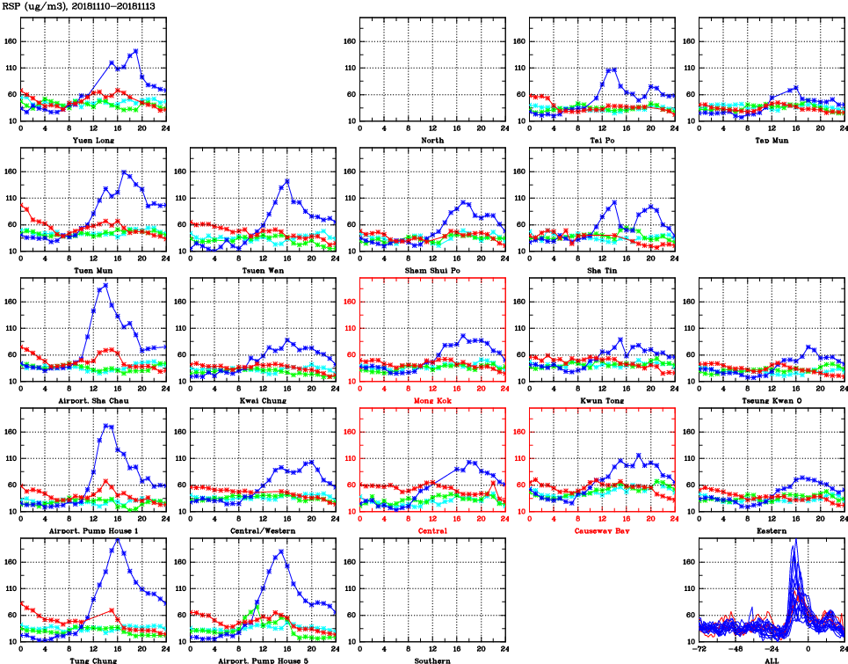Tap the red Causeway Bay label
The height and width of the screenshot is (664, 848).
[x=601, y=531]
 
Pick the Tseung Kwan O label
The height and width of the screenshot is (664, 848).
[x=771, y=401]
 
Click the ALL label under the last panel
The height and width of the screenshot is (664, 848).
[x=771, y=660]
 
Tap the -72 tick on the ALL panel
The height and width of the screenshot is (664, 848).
[x=700, y=649]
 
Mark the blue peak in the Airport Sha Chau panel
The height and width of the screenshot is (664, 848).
[x=106, y=285]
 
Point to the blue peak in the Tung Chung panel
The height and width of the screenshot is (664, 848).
[x=119, y=539]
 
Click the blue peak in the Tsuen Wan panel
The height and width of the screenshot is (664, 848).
[x=286, y=182]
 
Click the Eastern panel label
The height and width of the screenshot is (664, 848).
[x=771, y=531]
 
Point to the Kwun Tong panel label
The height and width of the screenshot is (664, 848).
[x=601, y=401]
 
